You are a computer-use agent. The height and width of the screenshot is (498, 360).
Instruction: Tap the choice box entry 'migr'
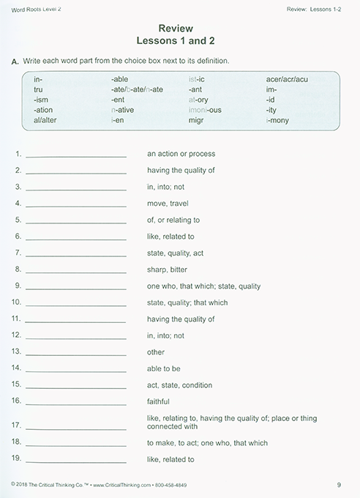tap(197, 119)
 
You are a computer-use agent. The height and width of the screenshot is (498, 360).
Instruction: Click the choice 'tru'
tap(39, 88)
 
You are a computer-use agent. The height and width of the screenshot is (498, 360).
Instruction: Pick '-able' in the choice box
tap(120, 77)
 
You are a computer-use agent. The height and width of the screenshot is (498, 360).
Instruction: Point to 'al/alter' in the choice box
tap(46, 119)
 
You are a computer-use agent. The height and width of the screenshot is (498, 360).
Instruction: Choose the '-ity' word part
tap(273, 109)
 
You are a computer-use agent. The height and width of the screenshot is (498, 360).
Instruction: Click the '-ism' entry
tap(41, 98)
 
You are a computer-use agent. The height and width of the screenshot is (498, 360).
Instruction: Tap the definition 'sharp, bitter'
tap(168, 270)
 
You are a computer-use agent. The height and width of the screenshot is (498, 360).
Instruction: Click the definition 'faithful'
tap(158, 401)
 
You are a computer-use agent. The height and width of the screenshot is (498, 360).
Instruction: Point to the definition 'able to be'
tap(164, 368)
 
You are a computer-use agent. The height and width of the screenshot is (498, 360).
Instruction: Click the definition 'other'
tap(155, 352)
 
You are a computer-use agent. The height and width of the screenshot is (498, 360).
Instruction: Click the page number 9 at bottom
tap(339, 484)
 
